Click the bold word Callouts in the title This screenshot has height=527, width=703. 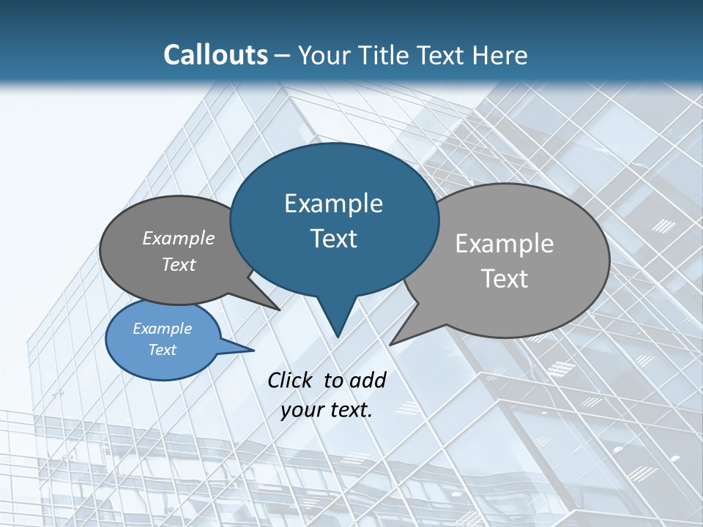pyautogui.click(x=215, y=55)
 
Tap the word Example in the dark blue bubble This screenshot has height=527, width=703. pyautogui.click(x=333, y=203)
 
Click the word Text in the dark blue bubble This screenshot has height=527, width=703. pyautogui.click(x=333, y=239)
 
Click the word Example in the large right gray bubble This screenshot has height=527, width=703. pyautogui.click(x=505, y=244)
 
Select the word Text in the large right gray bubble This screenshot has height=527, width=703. pyautogui.click(x=505, y=279)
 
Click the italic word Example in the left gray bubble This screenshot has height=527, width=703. pyautogui.click(x=179, y=238)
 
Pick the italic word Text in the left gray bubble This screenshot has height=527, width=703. pyautogui.click(x=179, y=265)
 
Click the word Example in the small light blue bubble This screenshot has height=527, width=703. pyautogui.click(x=162, y=329)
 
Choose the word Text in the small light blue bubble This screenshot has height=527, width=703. pyautogui.click(x=162, y=350)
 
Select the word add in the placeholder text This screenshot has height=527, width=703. pyautogui.click(x=368, y=380)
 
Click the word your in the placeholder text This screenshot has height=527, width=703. pyautogui.click(x=300, y=410)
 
